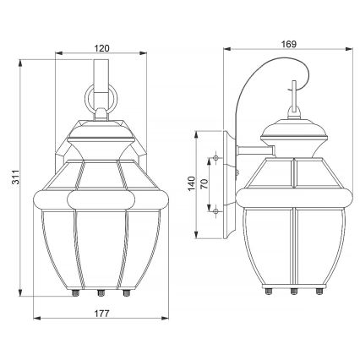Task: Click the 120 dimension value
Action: point(101,48)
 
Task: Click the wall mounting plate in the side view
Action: point(228,184)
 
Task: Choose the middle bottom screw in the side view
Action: point(292,292)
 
